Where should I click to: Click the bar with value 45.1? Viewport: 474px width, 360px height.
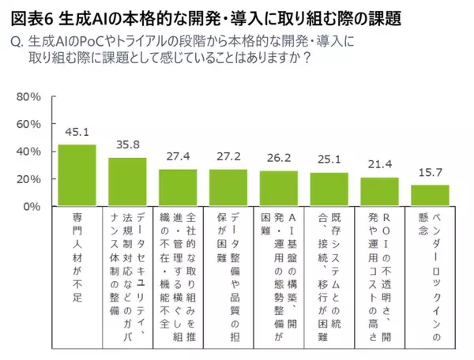pos(77,175)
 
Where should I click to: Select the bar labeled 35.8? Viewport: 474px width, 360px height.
pos(127,182)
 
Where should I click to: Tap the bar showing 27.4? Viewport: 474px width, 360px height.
pos(178,188)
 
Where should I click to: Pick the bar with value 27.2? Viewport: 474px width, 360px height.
pos(228,188)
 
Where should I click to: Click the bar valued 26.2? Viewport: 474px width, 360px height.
pos(279,189)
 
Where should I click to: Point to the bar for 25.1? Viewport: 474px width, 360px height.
pos(329,189)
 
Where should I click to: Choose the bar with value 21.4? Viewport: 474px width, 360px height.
pos(379,192)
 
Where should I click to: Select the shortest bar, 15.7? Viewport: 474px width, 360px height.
pos(430,196)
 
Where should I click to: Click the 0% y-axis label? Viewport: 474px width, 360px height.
pos(32,207)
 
